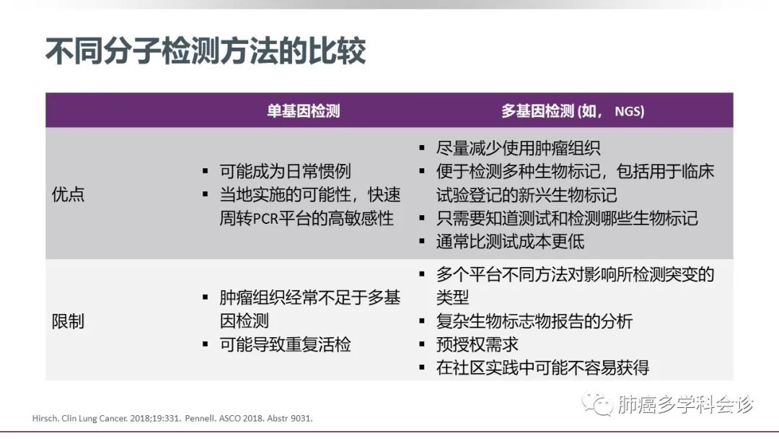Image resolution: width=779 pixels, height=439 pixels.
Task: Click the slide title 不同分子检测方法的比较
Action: click(x=206, y=51)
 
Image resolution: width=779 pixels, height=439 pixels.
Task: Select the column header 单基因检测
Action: click(x=304, y=111)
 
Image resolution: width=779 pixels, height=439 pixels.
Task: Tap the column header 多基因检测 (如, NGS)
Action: click(x=573, y=111)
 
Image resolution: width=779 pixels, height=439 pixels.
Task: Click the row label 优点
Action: click(x=68, y=194)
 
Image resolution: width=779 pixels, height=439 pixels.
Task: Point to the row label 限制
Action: click(x=68, y=321)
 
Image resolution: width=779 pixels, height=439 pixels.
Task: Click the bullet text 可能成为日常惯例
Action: click(x=285, y=172)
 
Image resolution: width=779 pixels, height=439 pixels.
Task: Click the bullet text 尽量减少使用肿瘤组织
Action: click(x=518, y=148)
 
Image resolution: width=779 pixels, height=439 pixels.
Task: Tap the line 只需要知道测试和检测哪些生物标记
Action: click(x=567, y=218)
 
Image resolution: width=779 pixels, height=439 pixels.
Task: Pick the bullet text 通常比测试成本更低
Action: click(x=510, y=242)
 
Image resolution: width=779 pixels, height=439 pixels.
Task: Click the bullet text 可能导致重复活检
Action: click(x=285, y=344)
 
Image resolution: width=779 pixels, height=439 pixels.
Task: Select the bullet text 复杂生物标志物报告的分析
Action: click(x=534, y=321)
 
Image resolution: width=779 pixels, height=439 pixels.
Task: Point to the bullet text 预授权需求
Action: click(x=477, y=344)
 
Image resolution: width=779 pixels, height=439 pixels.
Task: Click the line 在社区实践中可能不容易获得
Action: click(x=542, y=368)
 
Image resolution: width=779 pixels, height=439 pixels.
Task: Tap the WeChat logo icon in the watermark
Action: click(x=598, y=404)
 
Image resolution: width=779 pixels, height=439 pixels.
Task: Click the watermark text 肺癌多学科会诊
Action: click(x=686, y=404)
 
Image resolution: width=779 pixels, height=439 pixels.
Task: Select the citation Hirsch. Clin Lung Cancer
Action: click(x=79, y=419)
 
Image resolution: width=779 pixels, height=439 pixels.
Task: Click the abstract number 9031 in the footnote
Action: click(x=302, y=419)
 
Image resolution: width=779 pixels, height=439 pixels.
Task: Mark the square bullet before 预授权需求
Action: click(x=422, y=344)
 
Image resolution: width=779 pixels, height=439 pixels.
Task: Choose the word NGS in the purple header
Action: click(x=630, y=111)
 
